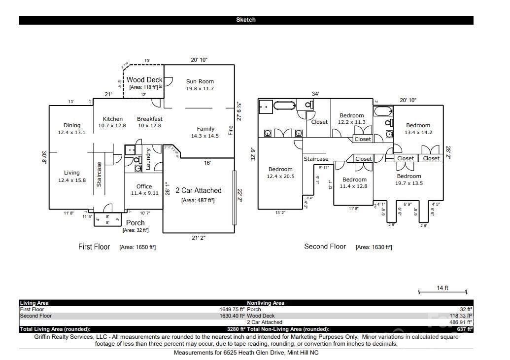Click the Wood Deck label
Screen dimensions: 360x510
click(x=144, y=79)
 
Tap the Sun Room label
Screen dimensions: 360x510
click(x=200, y=81)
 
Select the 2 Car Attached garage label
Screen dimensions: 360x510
click(x=199, y=190)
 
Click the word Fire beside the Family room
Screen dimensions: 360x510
click(x=230, y=131)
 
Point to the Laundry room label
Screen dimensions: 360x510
click(x=148, y=159)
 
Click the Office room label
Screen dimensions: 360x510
click(x=144, y=186)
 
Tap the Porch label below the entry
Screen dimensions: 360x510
click(x=136, y=223)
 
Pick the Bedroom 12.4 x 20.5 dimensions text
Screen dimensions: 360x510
click(x=280, y=176)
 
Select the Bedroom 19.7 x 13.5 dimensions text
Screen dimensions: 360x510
click(x=409, y=183)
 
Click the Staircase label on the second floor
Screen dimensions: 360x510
click(x=316, y=159)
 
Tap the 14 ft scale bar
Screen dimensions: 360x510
click(x=442, y=292)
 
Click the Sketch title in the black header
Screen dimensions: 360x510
click(x=246, y=20)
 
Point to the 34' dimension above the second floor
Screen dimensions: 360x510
click(x=315, y=94)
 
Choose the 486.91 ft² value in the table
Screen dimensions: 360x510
click(x=458, y=322)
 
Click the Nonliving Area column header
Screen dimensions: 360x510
click(x=265, y=303)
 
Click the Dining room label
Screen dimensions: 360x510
click(x=72, y=125)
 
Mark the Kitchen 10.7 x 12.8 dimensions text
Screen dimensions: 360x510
click(x=112, y=126)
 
